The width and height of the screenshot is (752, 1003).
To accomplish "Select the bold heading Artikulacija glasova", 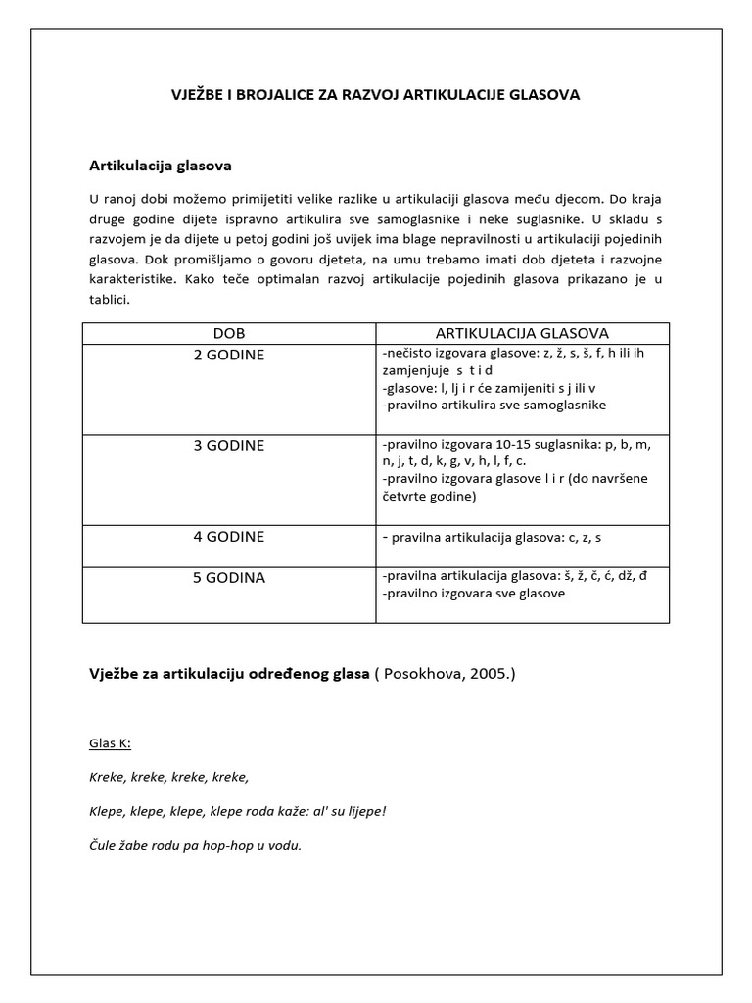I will pos(160,166).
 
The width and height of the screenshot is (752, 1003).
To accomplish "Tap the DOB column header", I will pos(228,334).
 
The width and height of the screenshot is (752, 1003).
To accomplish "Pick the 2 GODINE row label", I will pos(228,355).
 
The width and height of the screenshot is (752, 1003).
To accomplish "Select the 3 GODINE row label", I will pos(228,445).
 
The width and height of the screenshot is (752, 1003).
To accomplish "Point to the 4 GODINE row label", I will pos(228,537).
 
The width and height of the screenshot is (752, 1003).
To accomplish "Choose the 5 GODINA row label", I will pos(228,578).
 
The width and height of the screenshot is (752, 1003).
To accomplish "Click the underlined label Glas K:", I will pos(110,744).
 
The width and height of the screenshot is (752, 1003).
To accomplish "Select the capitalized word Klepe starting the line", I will pos(106,812).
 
